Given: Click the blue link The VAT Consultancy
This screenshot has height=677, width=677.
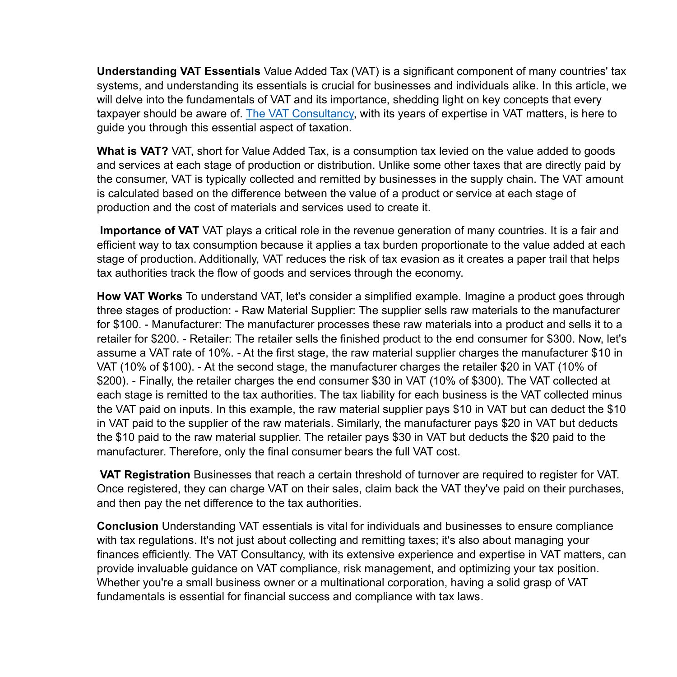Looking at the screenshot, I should pos(300,114).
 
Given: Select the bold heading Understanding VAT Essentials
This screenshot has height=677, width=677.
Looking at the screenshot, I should pos(178,71).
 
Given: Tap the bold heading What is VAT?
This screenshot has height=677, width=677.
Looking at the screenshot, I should pos(132,151).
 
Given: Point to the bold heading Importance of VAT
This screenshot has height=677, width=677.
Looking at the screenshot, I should pos(149,231).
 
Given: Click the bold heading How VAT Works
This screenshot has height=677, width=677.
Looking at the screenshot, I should pos(139,297).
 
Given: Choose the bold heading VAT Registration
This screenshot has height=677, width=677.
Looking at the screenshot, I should pos(145,475).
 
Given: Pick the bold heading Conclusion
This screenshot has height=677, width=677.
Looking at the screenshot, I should pos(127,526).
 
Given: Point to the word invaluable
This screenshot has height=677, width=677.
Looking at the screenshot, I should pos(161,569).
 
